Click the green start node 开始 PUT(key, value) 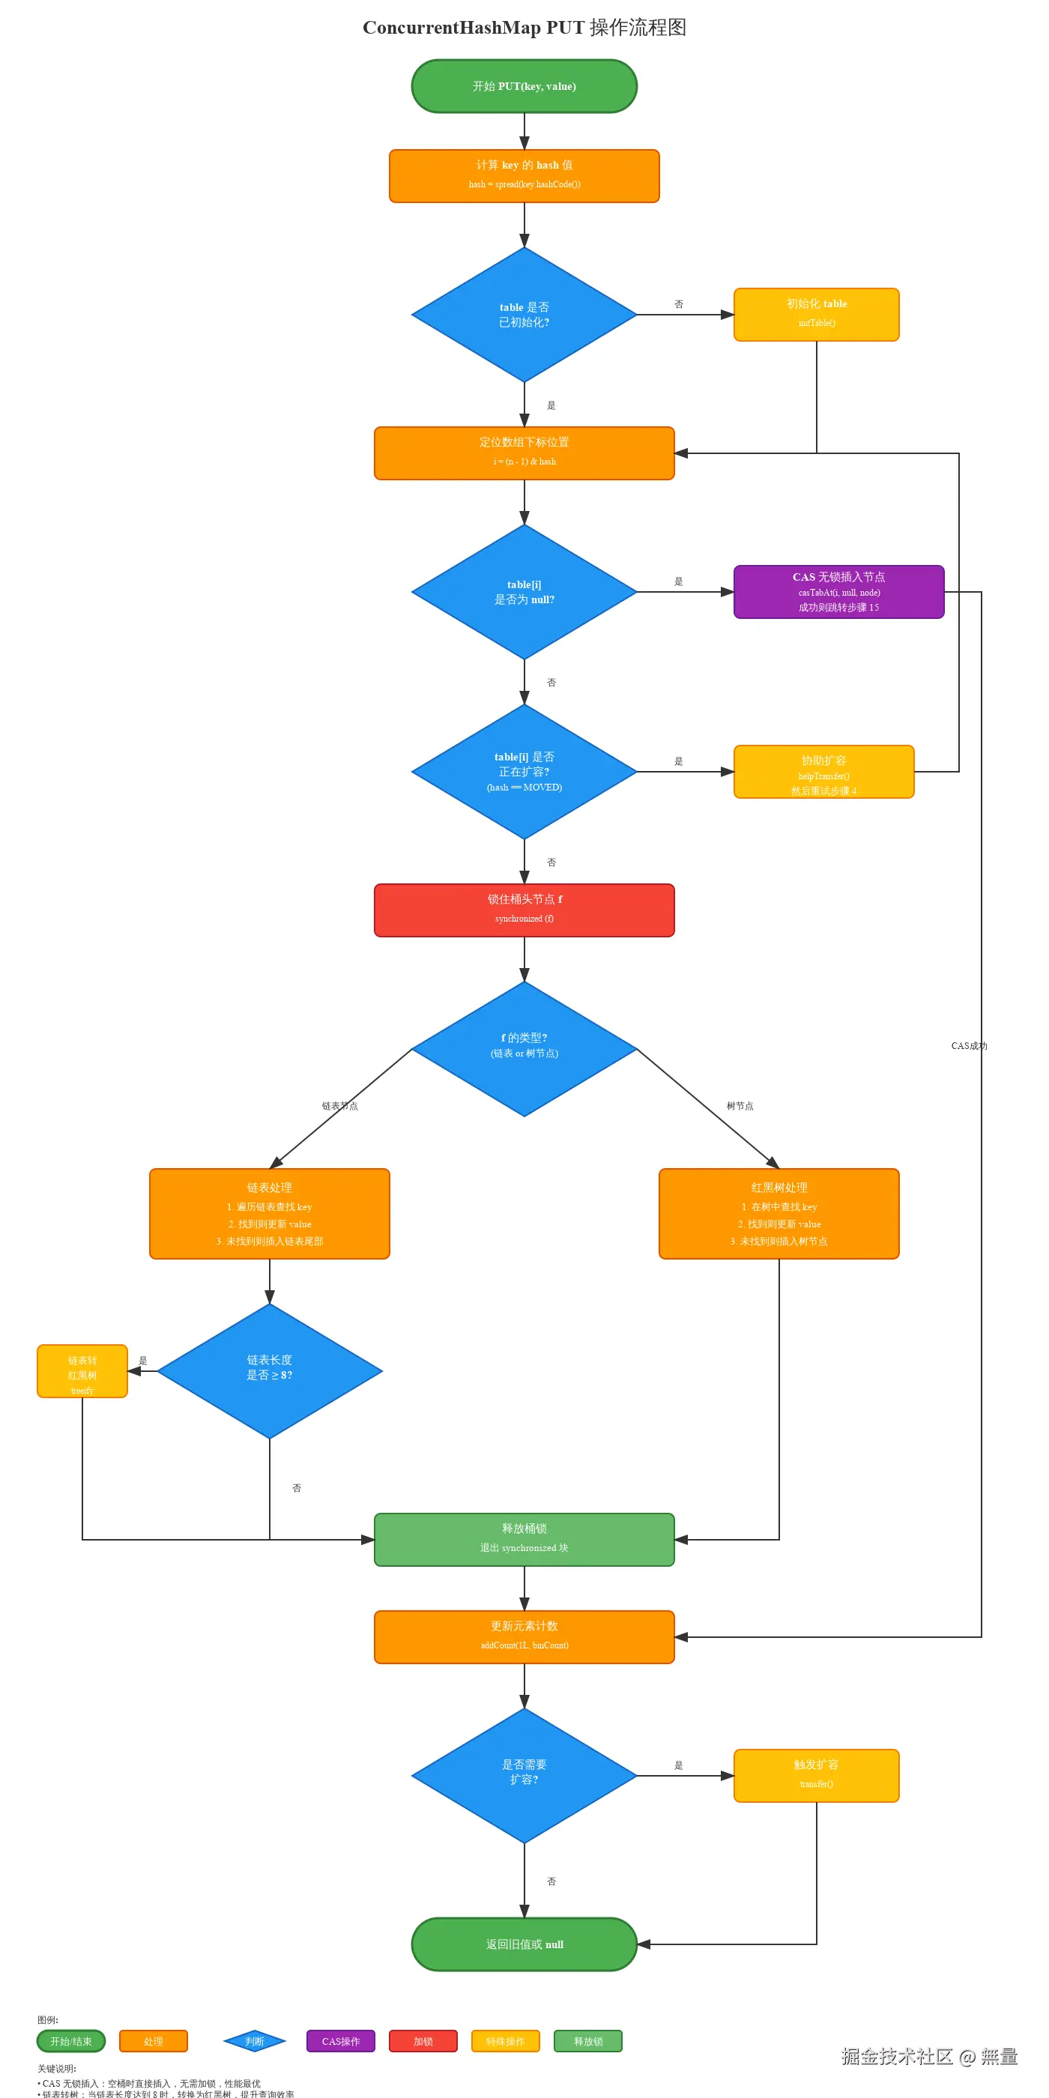pyautogui.click(x=524, y=86)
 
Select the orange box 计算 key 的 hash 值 pyautogui.click(x=524, y=176)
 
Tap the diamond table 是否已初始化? pyautogui.click(x=524, y=315)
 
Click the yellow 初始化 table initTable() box pyautogui.click(x=816, y=315)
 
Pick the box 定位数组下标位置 pyautogui.click(x=524, y=453)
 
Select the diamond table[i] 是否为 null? pyautogui.click(x=524, y=592)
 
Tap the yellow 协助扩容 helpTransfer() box pyautogui.click(x=823, y=772)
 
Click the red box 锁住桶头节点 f pyautogui.click(x=524, y=910)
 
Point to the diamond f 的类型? pyautogui.click(x=524, y=1048)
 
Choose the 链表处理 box pyautogui.click(x=270, y=1214)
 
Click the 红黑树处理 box pyautogui.click(x=779, y=1214)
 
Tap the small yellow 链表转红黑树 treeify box pyautogui.click(x=82, y=1370)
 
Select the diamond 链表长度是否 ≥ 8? pyautogui.click(x=270, y=1370)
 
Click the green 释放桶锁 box pyautogui.click(x=524, y=1539)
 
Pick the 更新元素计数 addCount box pyautogui.click(x=524, y=1636)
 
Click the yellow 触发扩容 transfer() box pyautogui.click(x=816, y=1776)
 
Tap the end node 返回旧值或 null pyautogui.click(x=524, y=1944)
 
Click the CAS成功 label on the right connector pyautogui.click(x=968, y=1046)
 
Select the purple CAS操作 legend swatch pyautogui.click(x=340, y=2041)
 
